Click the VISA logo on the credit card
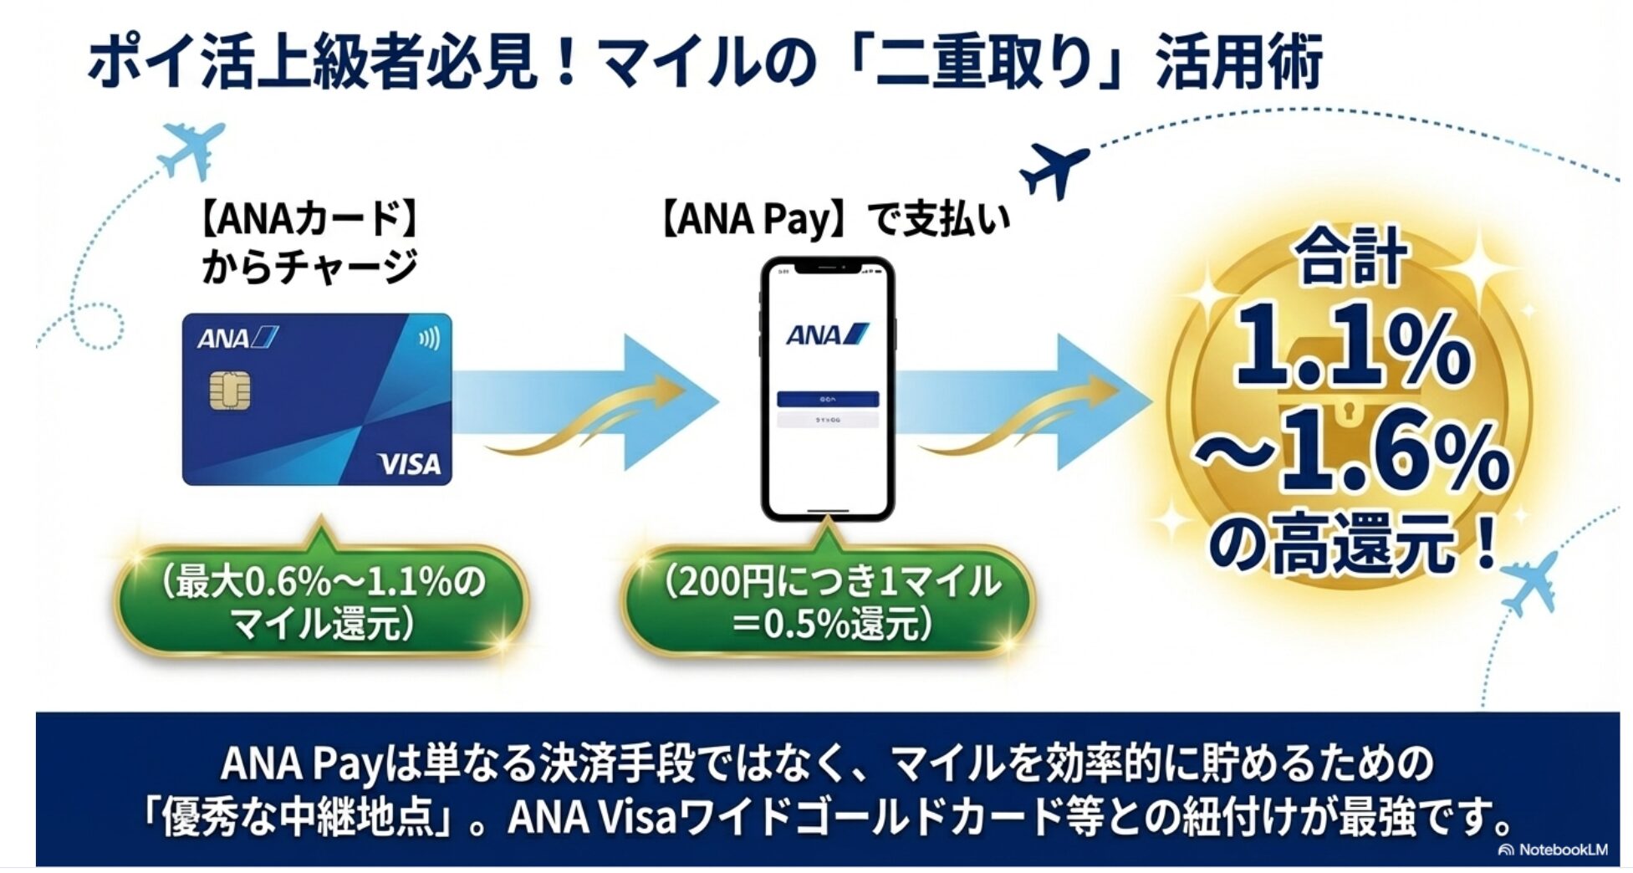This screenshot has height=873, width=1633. coord(409,463)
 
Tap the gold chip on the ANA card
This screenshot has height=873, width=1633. coord(230,392)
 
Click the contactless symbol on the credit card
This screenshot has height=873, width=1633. coord(429,338)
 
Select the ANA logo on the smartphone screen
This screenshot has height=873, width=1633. coord(827,334)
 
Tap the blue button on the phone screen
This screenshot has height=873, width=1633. coord(827,399)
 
